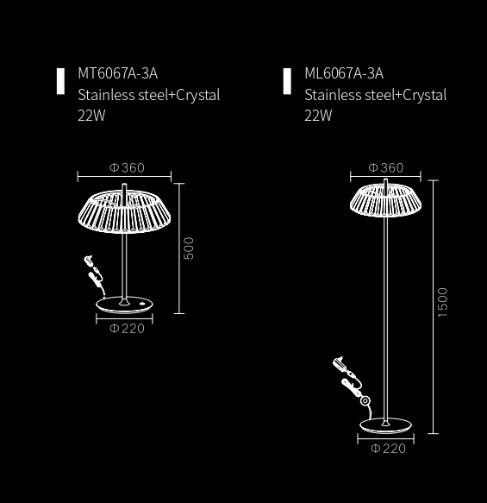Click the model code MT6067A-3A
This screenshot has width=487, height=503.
coord(117,73)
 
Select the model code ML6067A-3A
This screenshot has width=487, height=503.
coord(344,73)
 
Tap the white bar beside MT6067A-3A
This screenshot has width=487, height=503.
coord(60,81)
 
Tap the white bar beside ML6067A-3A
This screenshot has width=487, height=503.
coord(287,81)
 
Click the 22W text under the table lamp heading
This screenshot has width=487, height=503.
coord(91,116)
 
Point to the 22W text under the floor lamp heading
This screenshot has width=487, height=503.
coord(318,116)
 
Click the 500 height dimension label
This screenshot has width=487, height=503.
coord(189,248)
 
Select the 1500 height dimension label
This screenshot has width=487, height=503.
coord(442,303)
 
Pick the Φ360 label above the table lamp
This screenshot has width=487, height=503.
coord(127,167)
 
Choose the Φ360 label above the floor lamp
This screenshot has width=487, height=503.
coord(386,167)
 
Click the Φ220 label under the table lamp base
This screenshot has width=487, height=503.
coord(127,329)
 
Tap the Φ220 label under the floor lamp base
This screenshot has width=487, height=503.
coord(389,449)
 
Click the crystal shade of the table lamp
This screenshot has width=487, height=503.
coord(124,211)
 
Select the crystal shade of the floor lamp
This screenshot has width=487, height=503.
coord(386,201)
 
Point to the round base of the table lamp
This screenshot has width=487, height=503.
coord(124,305)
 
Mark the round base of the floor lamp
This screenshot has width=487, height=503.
coord(386,426)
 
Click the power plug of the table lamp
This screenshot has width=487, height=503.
coord(89,261)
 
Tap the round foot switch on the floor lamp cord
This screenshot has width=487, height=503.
coord(365,400)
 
